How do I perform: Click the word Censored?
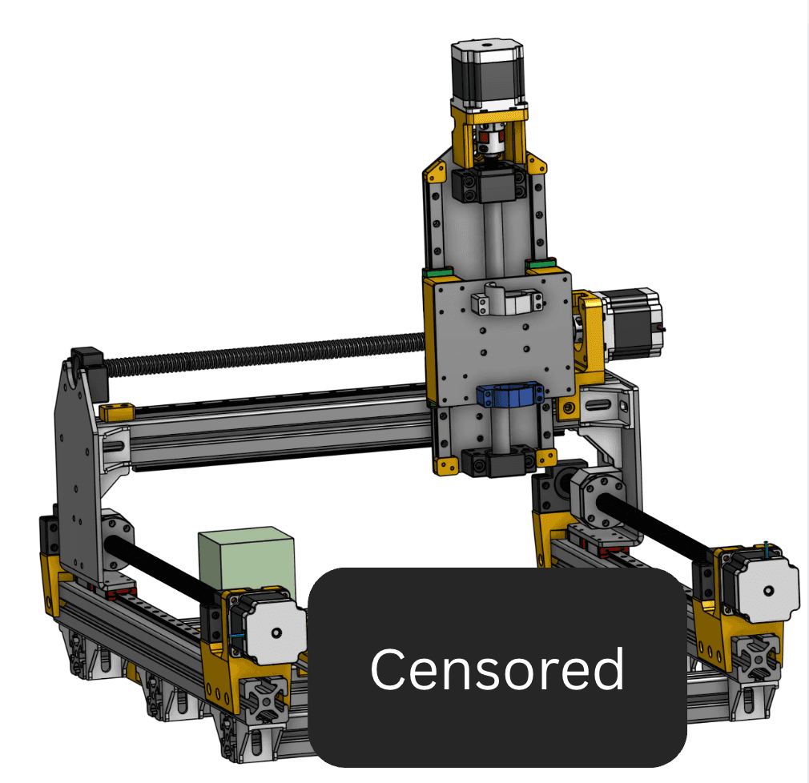(497, 669)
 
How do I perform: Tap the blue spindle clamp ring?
(509, 396)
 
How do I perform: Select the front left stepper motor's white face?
(276, 632)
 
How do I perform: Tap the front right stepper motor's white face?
(767, 590)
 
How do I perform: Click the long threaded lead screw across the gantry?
(266, 353)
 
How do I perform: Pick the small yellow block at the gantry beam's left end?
(117, 412)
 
